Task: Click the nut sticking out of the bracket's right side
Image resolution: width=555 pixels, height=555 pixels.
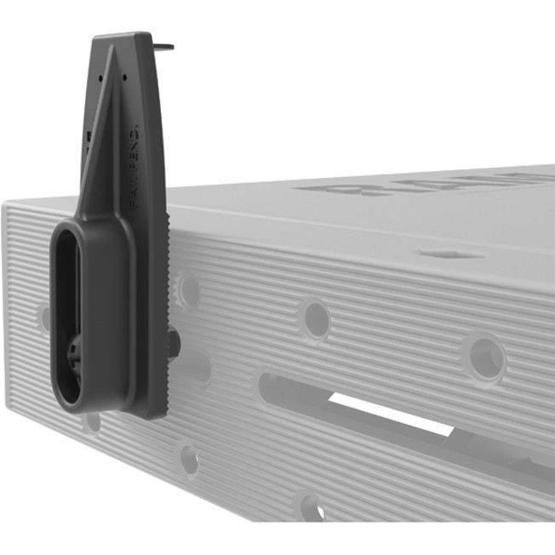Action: (x=174, y=342)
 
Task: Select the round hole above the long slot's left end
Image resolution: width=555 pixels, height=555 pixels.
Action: (x=315, y=319)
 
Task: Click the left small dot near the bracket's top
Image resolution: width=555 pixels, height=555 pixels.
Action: (x=100, y=76)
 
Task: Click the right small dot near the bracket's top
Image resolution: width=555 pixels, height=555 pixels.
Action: (x=125, y=77)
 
